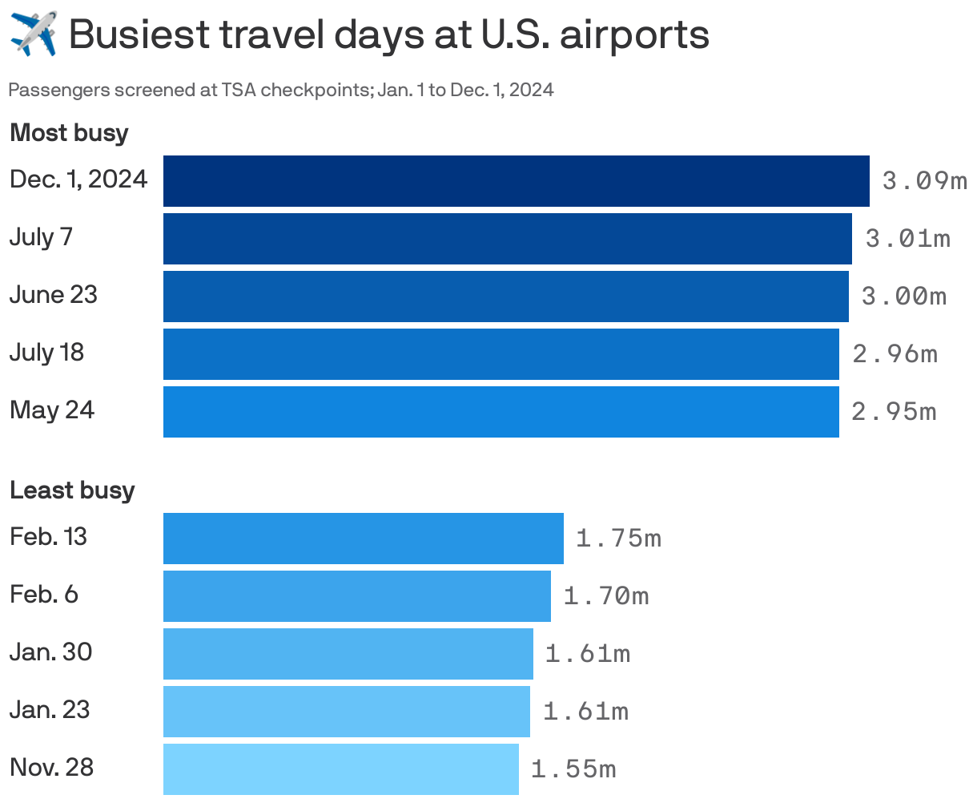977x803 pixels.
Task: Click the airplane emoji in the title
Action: click(x=34, y=34)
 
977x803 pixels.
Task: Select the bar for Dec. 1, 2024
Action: click(x=516, y=181)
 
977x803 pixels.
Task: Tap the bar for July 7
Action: click(x=507, y=239)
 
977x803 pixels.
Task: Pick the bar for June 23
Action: click(x=505, y=297)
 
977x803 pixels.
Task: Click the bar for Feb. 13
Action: click(x=363, y=539)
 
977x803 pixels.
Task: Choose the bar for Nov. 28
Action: click(x=340, y=769)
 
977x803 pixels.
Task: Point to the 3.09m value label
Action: click(x=924, y=181)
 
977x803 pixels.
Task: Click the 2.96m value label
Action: click(x=895, y=354)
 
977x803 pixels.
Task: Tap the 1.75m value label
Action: click(x=618, y=539)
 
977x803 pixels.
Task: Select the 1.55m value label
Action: click(x=573, y=769)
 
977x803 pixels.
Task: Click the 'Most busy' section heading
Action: click(x=69, y=132)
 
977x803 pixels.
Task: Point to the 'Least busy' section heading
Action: click(x=72, y=490)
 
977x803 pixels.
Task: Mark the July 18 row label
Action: click(x=46, y=353)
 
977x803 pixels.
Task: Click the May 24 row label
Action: click(x=52, y=410)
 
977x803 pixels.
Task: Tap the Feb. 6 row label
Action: click(x=44, y=595)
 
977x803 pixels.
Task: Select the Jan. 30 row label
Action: click(x=50, y=652)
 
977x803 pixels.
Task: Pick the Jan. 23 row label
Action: click(x=50, y=710)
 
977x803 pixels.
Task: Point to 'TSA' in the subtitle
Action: click(x=239, y=90)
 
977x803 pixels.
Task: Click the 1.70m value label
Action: click(x=606, y=596)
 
